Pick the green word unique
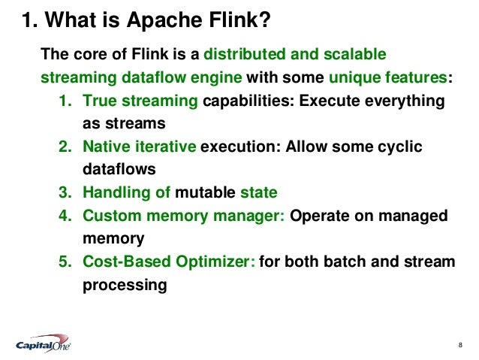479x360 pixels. [350, 77]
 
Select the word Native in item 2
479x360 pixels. [106, 147]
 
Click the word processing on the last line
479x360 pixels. [122, 286]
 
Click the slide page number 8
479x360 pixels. [459, 345]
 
